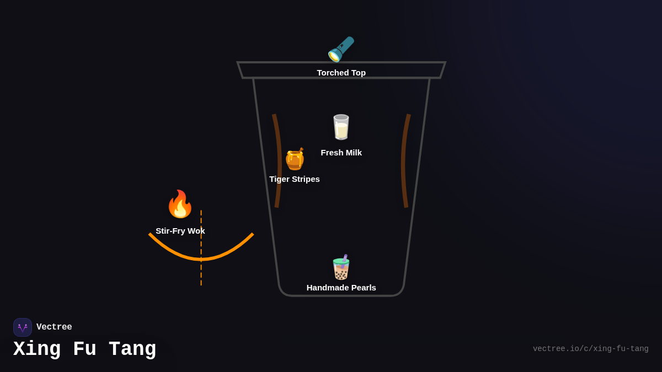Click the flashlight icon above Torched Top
(341, 49)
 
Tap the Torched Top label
(341, 73)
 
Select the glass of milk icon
(341, 127)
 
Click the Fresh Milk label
(341, 153)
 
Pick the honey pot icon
(295, 159)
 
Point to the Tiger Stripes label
(295, 179)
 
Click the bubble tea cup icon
(341, 267)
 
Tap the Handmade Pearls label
(341, 288)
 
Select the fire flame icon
(180, 204)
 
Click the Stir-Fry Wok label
(180, 231)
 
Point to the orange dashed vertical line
(201, 273)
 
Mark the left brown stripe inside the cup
(278, 160)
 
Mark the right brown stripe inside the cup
(404, 160)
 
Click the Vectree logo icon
(23, 327)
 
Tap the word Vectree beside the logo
(54, 327)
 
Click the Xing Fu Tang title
(84, 349)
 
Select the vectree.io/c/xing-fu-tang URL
(590, 349)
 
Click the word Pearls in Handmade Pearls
(361, 288)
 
